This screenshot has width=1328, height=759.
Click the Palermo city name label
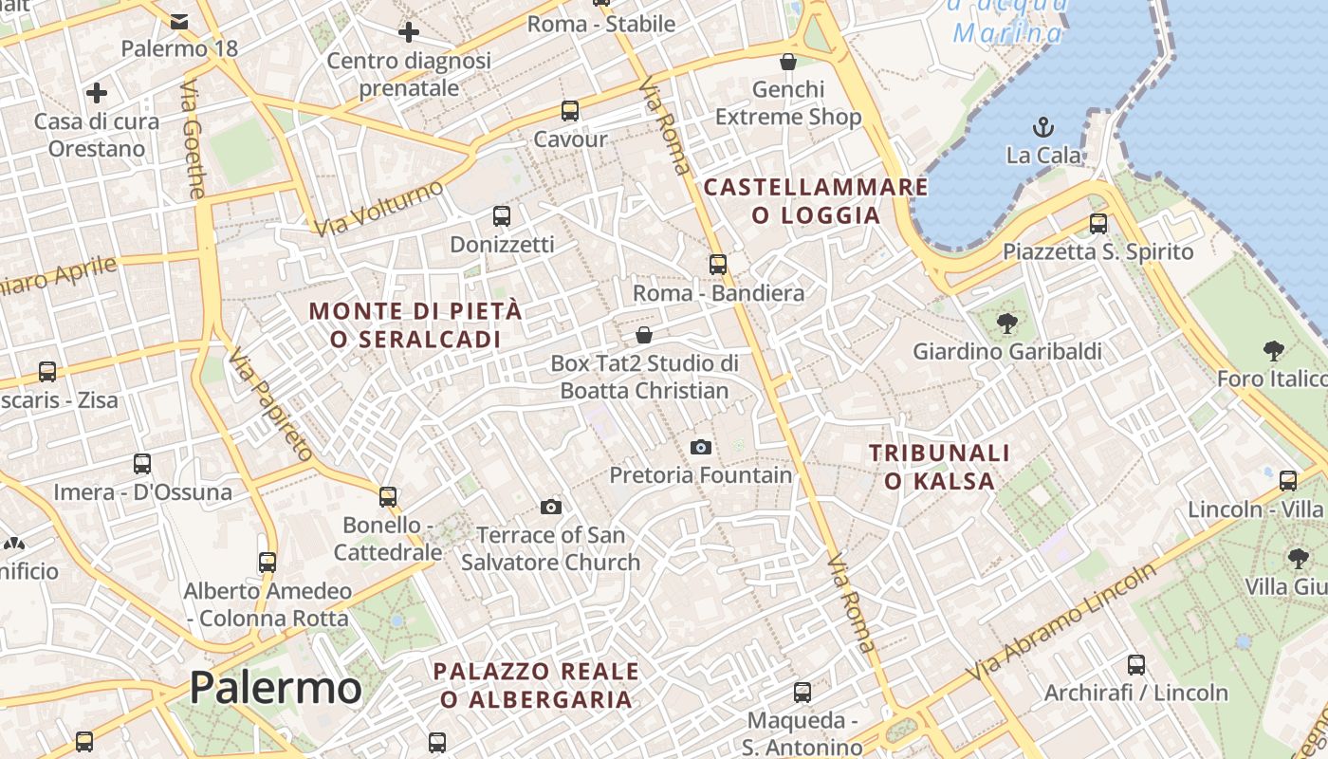click(275, 687)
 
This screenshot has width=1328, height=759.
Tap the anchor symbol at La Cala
click(1043, 126)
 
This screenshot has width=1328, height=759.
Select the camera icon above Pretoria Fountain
click(701, 447)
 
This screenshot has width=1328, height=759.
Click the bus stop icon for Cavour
click(570, 111)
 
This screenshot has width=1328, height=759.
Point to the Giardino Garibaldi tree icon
click(1007, 324)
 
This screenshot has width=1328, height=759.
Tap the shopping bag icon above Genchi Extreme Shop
click(787, 62)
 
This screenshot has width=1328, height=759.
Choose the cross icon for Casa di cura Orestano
click(96, 93)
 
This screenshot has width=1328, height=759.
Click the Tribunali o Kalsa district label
click(940, 467)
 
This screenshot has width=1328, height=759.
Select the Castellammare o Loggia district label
click(816, 200)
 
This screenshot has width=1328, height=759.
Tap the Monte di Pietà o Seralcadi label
click(415, 324)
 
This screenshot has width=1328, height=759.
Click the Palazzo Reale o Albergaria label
click(536, 685)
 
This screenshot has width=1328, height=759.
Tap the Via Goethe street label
click(192, 139)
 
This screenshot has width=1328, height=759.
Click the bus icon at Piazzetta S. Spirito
click(1098, 224)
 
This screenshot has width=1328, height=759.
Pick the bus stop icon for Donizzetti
click(502, 216)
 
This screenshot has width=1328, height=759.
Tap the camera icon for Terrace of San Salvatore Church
click(550, 508)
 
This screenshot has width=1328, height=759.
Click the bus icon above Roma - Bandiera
click(718, 265)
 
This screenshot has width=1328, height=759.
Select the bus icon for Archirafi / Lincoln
click(1135, 665)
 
